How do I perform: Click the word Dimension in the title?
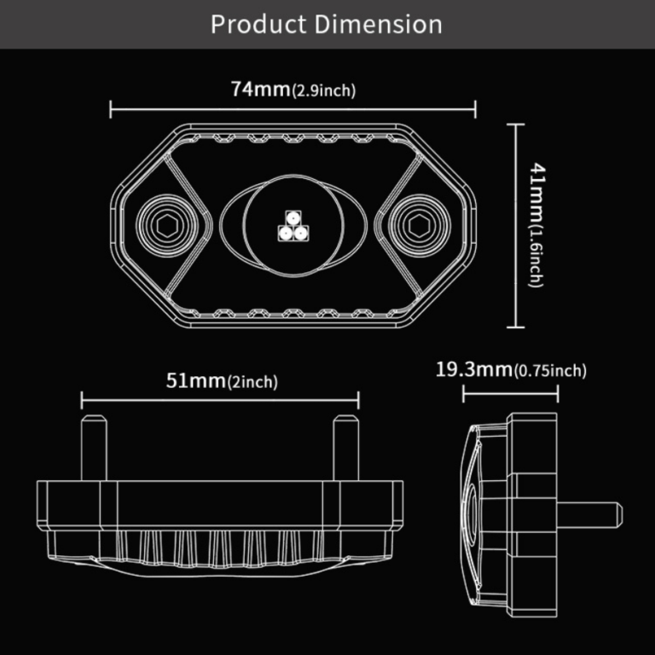378,24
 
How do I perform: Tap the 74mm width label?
259,90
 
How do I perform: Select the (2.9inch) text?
323,91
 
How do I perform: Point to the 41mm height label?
536,194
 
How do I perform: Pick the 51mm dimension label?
194,380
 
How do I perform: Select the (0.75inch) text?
550,371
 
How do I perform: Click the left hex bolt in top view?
165,226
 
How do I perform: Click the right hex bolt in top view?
419,226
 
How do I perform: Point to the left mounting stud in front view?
93,447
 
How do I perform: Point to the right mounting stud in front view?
345,447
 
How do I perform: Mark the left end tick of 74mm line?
112,108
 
